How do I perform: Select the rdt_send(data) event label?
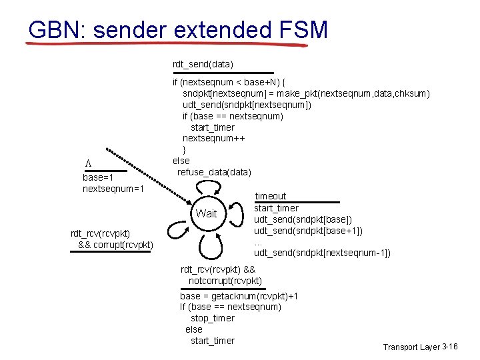[x=203, y=65]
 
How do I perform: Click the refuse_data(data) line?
[x=214, y=172]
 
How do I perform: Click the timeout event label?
[x=270, y=196]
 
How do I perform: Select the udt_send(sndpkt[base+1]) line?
[x=308, y=231]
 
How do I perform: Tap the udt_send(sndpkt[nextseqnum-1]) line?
[x=322, y=253]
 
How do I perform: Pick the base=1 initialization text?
[x=97, y=177]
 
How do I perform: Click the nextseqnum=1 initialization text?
[x=113, y=189]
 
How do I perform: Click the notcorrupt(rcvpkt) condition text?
[x=225, y=281]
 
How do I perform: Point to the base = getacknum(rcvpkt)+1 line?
[x=239, y=295]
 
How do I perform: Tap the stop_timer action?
[x=213, y=318]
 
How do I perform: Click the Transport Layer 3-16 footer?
[x=419, y=347]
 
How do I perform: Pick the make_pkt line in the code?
[x=306, y=93]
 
